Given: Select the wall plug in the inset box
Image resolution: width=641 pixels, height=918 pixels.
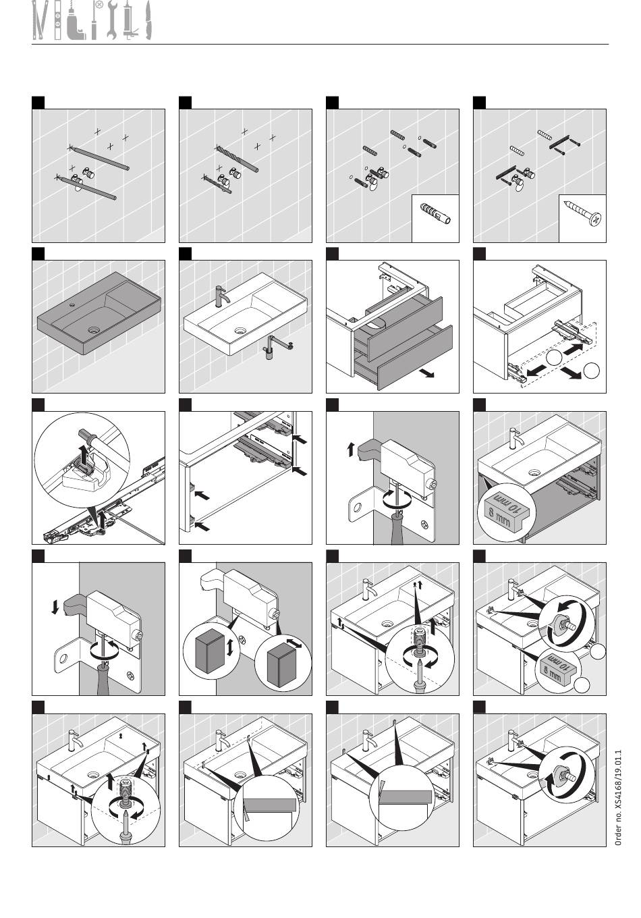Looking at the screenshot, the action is pyautogui.click(x=435, y=213).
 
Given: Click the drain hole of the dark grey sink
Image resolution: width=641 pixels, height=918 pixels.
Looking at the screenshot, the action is pyautogui.click(x=94, y=329).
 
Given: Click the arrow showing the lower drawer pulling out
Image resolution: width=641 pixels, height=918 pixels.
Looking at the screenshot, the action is pyautogui.click(x=427, y=373).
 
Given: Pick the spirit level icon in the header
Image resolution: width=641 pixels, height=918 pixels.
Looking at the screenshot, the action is pyautogui.click(x=58, y=20).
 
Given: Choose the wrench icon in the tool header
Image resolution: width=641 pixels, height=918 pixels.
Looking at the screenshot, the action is pyautogui.click(x=112, y=20).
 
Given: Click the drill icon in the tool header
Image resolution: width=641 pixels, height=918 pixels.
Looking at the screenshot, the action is pyautogui.click(x=74, y=20).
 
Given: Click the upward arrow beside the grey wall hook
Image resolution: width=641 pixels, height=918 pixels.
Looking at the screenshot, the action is pyautogui.click(x=351, y=449).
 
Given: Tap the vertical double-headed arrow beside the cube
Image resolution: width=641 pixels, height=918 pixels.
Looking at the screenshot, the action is pyautogui.click(x=229, y=647).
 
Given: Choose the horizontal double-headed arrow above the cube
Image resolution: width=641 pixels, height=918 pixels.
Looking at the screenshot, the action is pyautogui.click(x=294, y=642).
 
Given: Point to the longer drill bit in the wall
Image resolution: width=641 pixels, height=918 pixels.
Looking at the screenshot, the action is pyautogui.click(x=237, y=159).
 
